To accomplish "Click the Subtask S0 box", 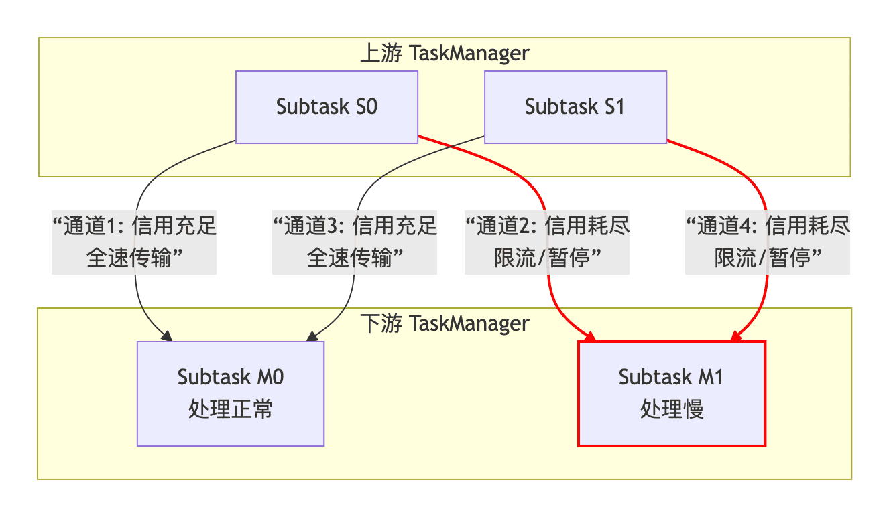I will (x=327, y=107).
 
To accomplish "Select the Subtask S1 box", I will (x=575, y=107).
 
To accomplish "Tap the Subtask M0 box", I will (x=231, y=393).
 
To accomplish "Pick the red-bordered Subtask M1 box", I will (x=672, y=393).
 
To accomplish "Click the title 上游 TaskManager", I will (x=444, y=53).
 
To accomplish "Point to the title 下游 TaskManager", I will (x=444, y=324).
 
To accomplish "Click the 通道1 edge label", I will (x=135, y=242).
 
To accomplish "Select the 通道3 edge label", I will (x=355, y=242).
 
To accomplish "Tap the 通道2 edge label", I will (x=547, y=242).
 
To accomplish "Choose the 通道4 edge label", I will (x=767, y=242).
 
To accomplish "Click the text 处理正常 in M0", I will (x=231, y=409).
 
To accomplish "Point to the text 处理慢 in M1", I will (x=672, y=409).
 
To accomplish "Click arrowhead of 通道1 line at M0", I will (x=167, y=337).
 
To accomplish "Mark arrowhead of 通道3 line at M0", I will (x=312, y=337).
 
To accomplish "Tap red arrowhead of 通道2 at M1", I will (x=590, y=337).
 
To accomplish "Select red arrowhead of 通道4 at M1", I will (x=735, y=337).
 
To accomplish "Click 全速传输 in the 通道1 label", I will (x=129, y=258).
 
